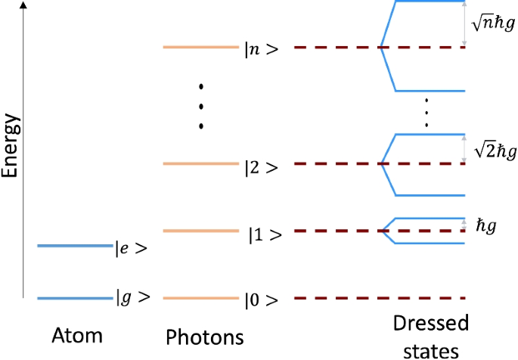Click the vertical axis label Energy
(11, 147)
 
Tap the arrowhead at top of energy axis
(26, 7)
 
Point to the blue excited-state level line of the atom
(74, 246)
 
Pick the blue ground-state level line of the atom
(74, 299)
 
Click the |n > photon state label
(261, 49)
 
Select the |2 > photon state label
(261, 167)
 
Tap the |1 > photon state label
(265, 234)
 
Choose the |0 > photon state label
(261, 300)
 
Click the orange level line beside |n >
(200, 48)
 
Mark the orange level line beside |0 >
(200, 299)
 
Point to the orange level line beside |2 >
(200, 163)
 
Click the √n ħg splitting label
(492, 23)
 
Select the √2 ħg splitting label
(492, 151)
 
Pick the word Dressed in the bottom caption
(430, 324)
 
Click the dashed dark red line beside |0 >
(379, 299)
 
